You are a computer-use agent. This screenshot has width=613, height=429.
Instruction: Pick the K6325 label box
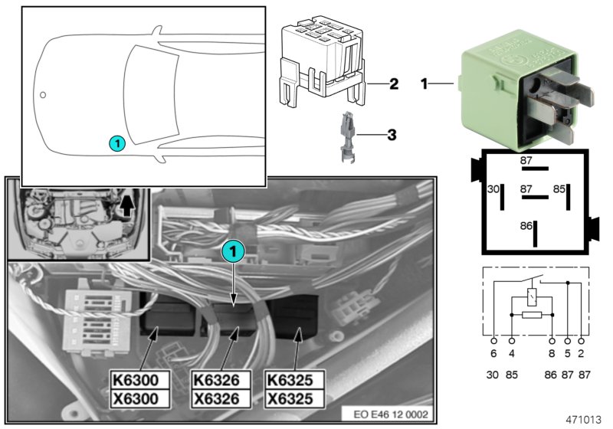click(x=293, y=380)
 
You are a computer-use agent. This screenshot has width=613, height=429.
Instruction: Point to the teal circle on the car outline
click(x=116, y=142)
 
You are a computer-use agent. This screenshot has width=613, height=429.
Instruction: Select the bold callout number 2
click(x=393, y=84)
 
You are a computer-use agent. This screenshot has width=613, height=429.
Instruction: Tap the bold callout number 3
click(x=391, y=136)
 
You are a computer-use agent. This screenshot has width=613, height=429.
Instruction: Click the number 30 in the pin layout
click(x=493, y=188)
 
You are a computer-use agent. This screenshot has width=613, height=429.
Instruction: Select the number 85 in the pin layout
click(x=559, y=188)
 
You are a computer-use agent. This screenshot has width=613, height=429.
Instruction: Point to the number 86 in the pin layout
click(x=526, y=227)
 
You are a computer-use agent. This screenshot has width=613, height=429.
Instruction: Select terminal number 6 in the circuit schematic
click(x=493, y=355)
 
